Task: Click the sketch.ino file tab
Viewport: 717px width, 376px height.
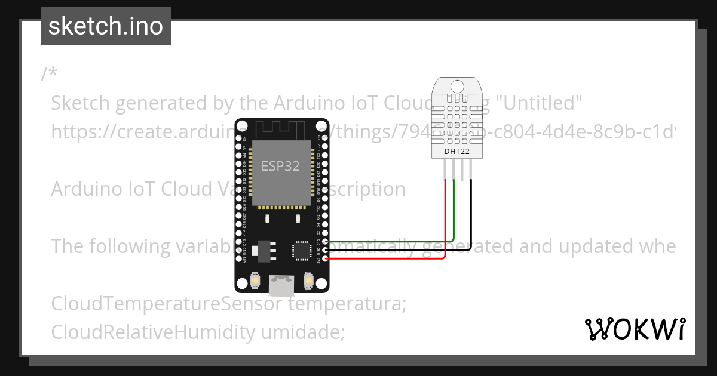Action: point(106,26)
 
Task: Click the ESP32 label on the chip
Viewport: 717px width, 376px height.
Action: point(280,165)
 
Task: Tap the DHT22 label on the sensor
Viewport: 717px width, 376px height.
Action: point(456,152)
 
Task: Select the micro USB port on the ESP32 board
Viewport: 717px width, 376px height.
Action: point(281,285)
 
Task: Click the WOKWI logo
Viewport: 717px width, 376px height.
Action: point(635,329)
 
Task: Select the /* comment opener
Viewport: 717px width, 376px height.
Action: point(50,74)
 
